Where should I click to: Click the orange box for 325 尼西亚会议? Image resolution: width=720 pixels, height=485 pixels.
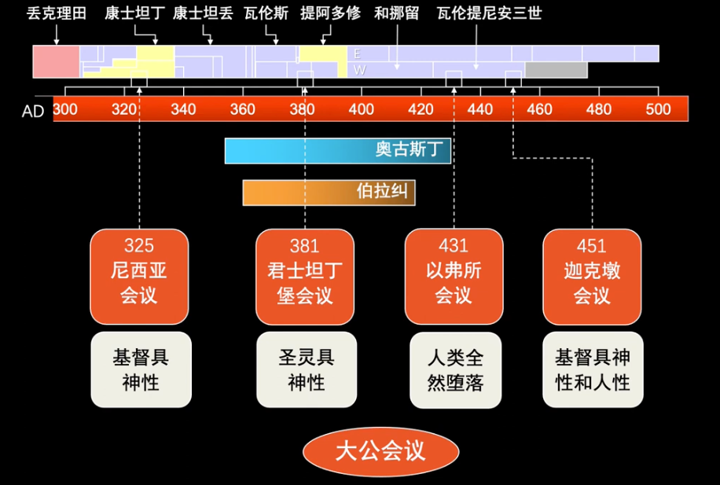pos(139,277)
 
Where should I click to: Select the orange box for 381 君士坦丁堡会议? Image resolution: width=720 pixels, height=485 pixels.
pos(305,277)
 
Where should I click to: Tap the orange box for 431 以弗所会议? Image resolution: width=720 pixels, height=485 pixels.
pos(454,277)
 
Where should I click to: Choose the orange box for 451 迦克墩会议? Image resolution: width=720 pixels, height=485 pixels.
pos(592,277)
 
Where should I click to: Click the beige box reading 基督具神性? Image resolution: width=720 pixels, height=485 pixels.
pos(141,369)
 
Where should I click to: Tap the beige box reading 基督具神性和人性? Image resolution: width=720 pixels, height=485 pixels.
pos(593,369)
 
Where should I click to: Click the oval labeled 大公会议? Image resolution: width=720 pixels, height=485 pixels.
pos(380,451)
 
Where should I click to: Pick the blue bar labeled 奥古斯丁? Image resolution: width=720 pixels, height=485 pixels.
pos(338,150)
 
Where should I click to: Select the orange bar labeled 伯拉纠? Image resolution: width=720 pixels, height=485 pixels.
pos(329,192)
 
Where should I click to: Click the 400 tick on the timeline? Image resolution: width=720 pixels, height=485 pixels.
pos(362,108)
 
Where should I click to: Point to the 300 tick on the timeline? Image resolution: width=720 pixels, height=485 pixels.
pos(65,108)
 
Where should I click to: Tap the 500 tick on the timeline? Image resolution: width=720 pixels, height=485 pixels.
pos(658,108)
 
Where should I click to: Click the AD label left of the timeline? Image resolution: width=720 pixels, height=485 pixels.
pos(33,111)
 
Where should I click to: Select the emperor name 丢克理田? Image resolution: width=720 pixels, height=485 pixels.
pos(57,13)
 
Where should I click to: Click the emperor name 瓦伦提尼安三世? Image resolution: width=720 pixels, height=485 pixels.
pos(489,13)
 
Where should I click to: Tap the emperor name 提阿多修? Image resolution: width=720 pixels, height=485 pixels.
pos(330,13)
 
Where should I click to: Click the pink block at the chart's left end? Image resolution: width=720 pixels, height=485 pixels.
pos(57,61)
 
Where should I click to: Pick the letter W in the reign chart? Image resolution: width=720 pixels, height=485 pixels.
pos(358,70)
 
